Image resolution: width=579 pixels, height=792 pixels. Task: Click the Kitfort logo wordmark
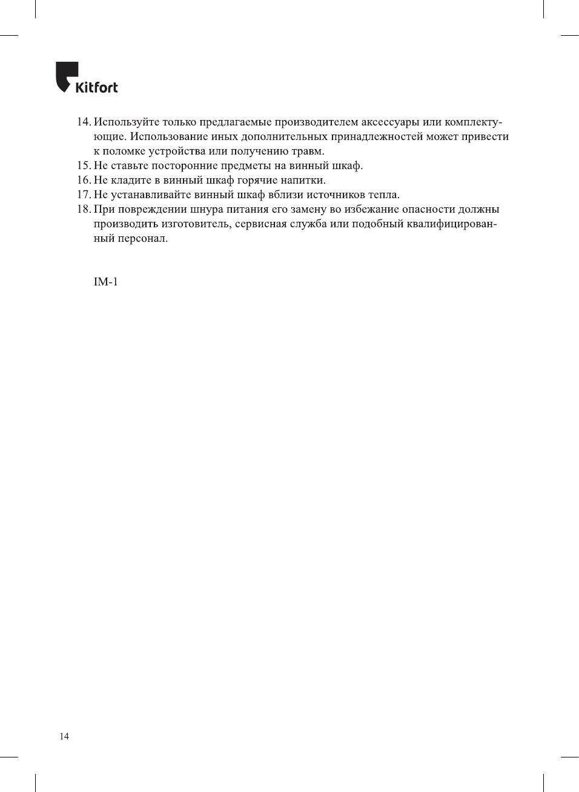[96, 87]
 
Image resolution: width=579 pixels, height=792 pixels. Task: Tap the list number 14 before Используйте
[84, 122]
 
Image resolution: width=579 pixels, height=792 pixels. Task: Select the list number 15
[84, 166]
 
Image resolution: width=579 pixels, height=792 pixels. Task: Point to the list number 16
[84, 181]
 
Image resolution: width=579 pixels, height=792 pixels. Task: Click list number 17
[84, 195]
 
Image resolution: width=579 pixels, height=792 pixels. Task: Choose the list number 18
[84, 210]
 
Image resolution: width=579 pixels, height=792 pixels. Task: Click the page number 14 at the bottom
[64, 736]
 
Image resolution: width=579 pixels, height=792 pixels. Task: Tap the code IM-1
[105, 282]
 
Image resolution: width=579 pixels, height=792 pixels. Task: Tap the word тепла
[384, 195]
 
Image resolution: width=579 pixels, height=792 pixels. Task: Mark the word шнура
[208, 210]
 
